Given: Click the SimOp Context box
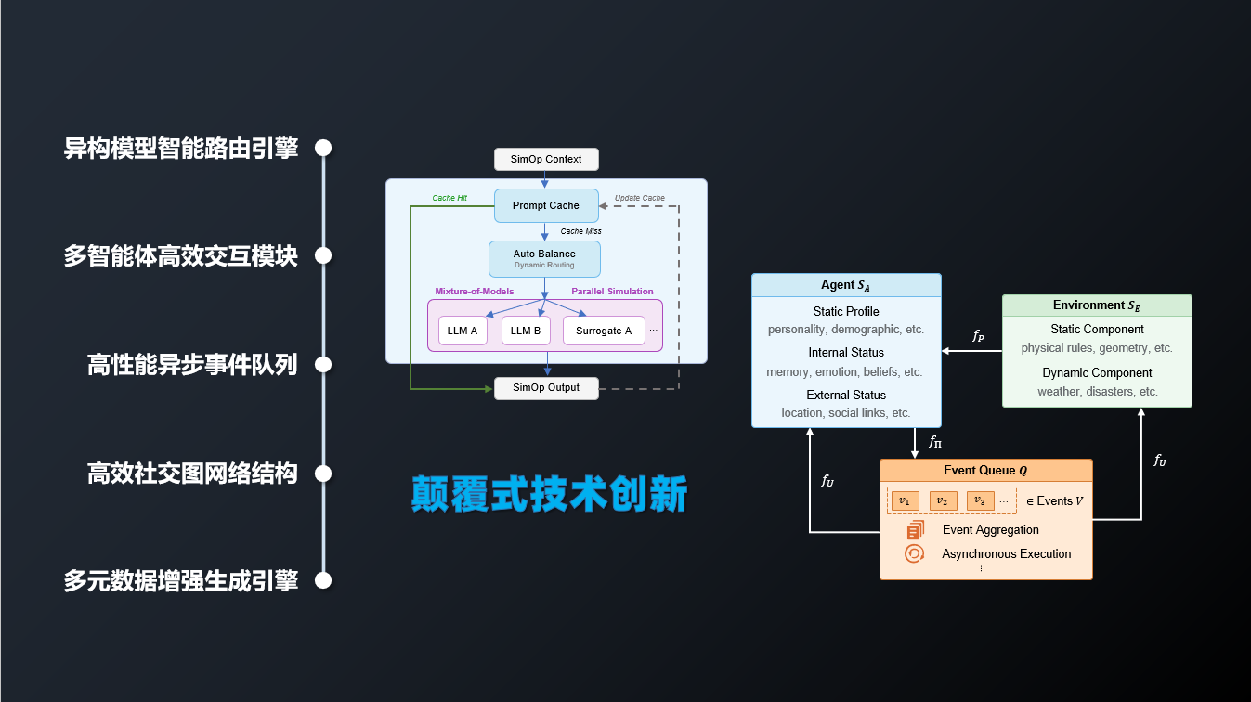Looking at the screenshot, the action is click(546, 159).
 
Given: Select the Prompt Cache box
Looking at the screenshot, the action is click(546, 205).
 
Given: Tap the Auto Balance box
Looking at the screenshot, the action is click(544, 259).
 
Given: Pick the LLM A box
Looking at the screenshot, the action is click(463, 331).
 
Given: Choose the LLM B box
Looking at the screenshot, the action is click(526, 331).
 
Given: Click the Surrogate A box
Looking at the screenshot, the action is click(604, 331).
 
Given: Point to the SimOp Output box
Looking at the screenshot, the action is click(546, 388).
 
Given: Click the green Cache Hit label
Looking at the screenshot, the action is click(450, 198).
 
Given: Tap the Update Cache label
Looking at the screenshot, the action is click(640, 198).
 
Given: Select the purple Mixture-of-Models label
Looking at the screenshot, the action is click(475, 291).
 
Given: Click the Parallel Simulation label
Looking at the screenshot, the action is click(612, 291).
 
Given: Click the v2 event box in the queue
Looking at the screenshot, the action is click(943, 500).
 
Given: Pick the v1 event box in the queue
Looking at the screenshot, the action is click(905, 500).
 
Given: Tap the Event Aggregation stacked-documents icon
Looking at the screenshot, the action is click(916, 530).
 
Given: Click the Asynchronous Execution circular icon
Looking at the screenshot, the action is click(914, 553).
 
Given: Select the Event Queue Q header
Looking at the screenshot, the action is click(985, 470).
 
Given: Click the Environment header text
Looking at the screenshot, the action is click(1097, 305).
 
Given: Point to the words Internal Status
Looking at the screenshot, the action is click(846, 353).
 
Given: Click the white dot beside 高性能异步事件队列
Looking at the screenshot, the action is click(323, 365).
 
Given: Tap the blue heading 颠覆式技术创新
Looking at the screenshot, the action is click(550, 494).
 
